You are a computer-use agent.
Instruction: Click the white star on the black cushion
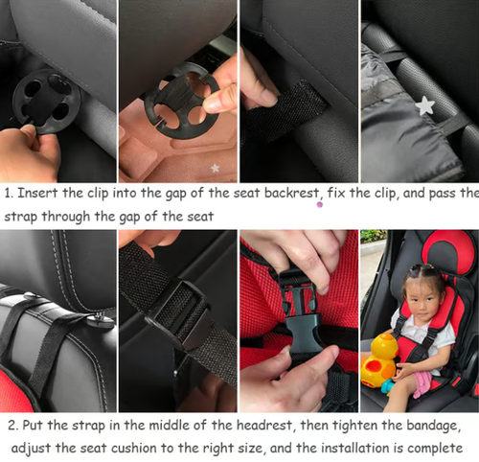(425, 105)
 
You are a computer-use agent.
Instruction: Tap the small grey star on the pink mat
(216, 168)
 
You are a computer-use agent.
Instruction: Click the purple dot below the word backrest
(319, 205)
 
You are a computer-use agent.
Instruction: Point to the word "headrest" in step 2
(264, 426)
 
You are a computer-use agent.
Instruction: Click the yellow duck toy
(380, 359)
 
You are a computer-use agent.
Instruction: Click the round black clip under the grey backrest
(47, 102)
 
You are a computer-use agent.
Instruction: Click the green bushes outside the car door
(374, 236)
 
